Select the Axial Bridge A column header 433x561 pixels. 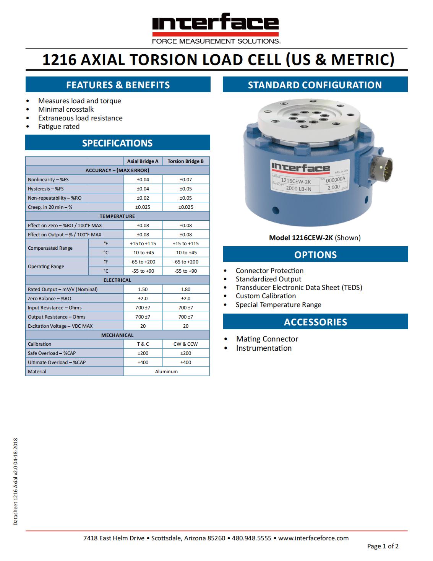click(x=143, y=161)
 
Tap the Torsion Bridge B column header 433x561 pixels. click(x=186, y=161)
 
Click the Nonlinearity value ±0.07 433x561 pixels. click(x=186, y=179)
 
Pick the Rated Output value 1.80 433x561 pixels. click(x=186, y=289)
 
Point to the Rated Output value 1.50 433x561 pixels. click(x=143, y=289)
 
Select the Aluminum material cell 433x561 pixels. click(x=166, y=371)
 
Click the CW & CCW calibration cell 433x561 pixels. click(x=186, y=344)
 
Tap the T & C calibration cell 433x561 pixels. click(x=143, y=344)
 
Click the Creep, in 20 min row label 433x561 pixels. click(x=50, y=207)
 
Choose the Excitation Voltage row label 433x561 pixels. click(x=60, y=326)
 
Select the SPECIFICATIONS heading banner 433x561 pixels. click(x=117, y=143)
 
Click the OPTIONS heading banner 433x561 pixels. click(x=315, y=255)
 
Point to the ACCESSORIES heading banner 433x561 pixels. click(x=315, y=322)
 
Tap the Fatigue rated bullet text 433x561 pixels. click(x=59, y=127)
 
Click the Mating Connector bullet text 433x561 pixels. click(x=267, y=339)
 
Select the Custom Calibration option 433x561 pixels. click(x=266, y=296)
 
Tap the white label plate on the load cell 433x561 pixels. click(x=310, y=178)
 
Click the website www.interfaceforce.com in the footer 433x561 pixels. click(x=313, y=538)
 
